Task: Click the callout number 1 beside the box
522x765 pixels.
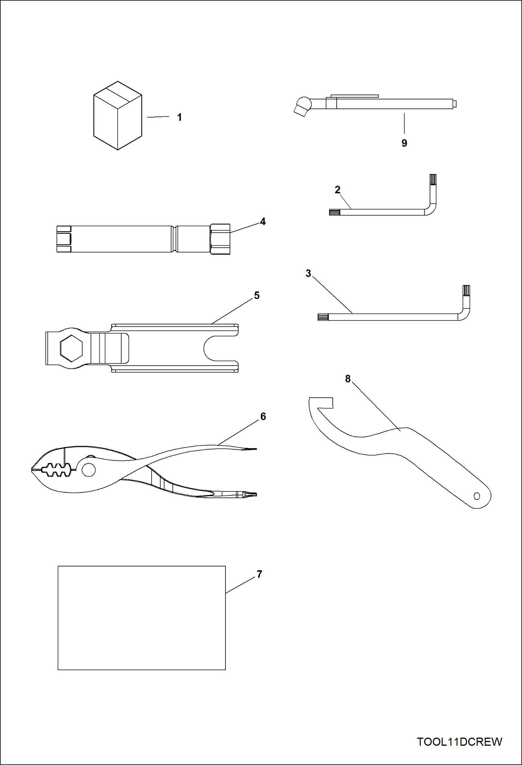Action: tap(179, 117)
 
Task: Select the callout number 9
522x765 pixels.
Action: tap(404, 143)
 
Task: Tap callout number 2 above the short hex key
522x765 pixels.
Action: tap(337, 190)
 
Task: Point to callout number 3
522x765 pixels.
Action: tap(308, 273)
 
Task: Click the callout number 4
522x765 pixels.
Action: tap(263, 222)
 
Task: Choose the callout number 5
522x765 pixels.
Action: tap(257, 295)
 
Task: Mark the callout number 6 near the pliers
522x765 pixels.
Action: tap(263, 417)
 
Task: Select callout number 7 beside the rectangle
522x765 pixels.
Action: tap(259, 574)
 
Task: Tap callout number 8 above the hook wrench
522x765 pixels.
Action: tap(348, 378)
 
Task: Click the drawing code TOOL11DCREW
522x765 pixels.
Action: tap(459, 742)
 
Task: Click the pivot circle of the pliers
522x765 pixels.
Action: tap(89, 470)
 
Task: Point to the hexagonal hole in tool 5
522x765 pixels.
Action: tap(71, 349)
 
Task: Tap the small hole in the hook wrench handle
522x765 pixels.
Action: tap(477, 496)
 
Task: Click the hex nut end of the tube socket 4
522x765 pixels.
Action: tap(220, 239)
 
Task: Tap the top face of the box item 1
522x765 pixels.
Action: tap(118, 93)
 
